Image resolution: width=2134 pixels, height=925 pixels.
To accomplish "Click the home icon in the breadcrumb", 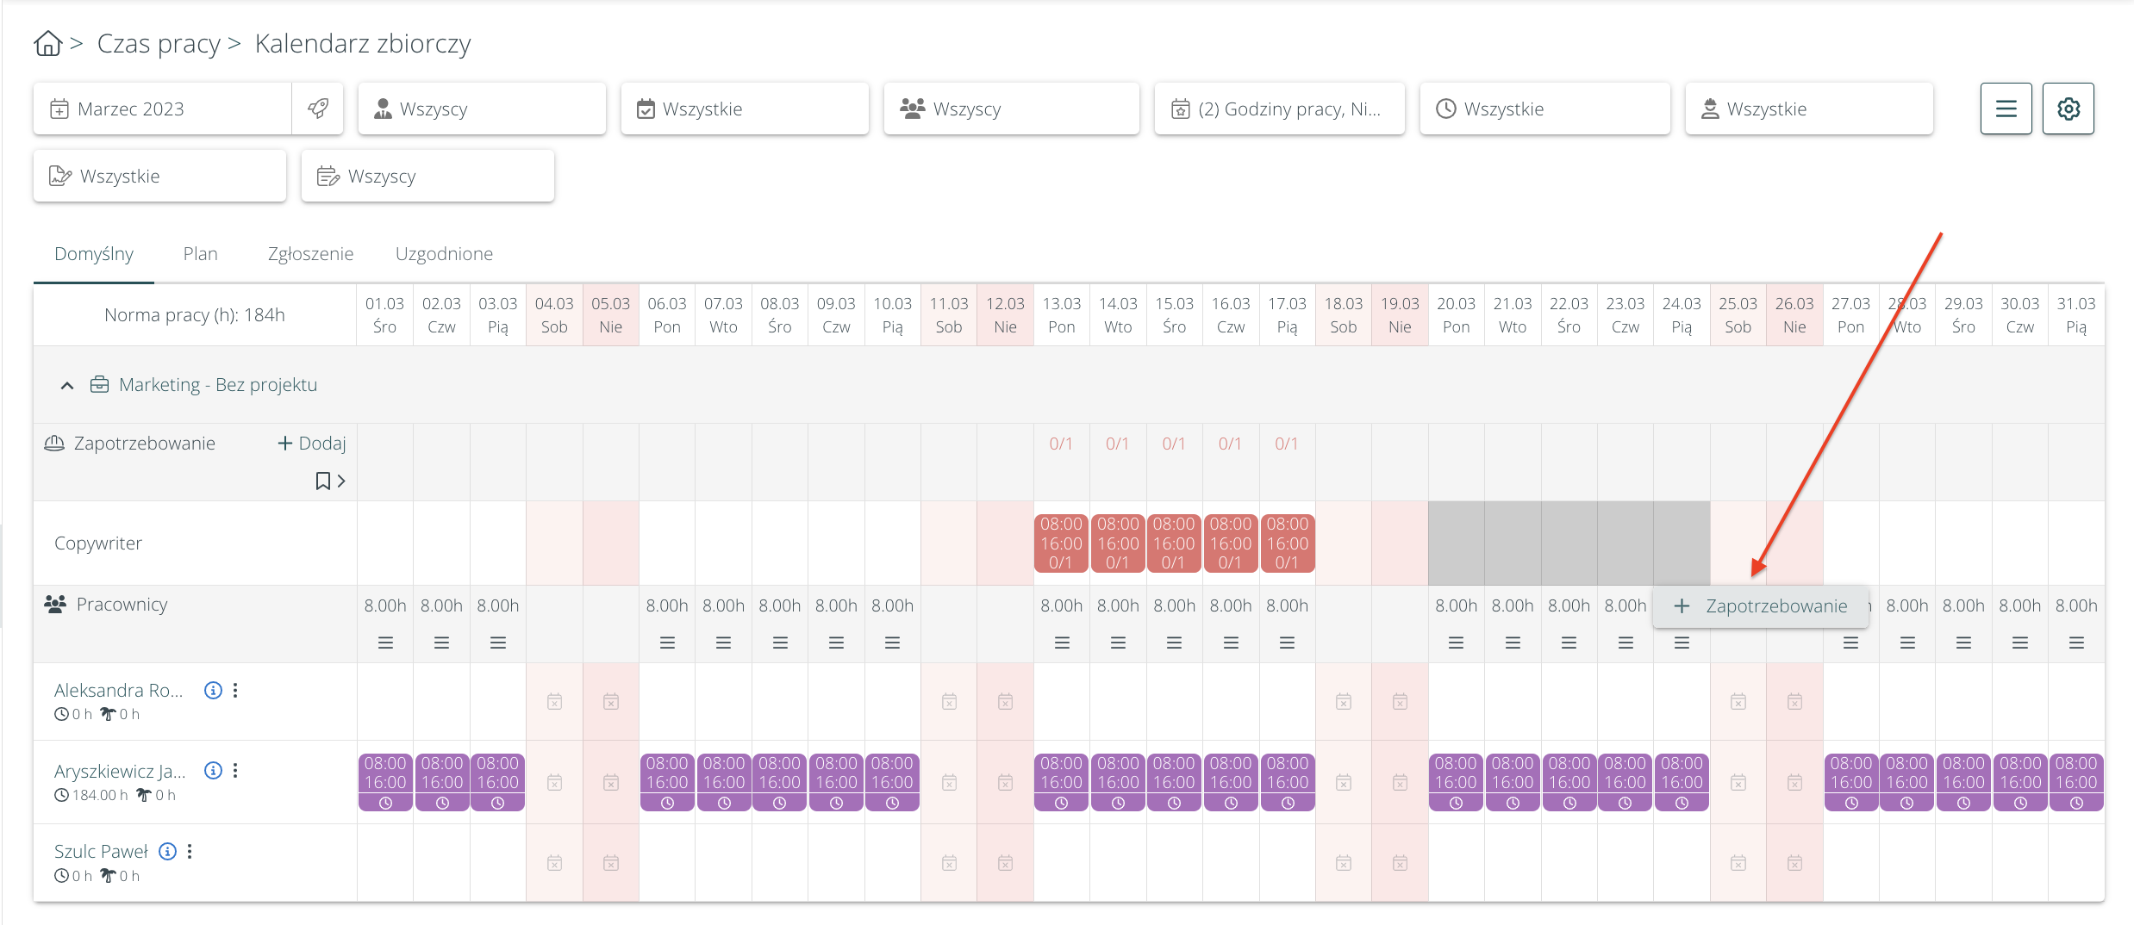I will point(48,43).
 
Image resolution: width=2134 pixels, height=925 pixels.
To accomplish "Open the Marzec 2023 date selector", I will point(162,109).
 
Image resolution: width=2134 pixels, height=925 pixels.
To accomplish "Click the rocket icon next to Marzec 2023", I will point(318,109).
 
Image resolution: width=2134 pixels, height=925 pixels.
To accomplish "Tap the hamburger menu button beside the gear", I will point(2006,109).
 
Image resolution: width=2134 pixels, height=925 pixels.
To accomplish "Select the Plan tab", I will point(200,254).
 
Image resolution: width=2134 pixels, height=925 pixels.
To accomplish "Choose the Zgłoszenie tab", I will point(310,254).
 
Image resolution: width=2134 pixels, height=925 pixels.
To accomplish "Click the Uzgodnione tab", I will point(444,254).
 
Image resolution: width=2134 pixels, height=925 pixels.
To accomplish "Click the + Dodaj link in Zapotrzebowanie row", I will point(312,444).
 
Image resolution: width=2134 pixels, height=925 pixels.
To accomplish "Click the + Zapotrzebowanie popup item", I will point(1761,606).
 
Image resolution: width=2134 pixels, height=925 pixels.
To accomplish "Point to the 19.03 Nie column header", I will point(1400,315).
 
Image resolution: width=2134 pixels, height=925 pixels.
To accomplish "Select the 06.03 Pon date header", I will point(667,315).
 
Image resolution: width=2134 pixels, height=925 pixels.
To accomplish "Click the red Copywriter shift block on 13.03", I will point(1061,543).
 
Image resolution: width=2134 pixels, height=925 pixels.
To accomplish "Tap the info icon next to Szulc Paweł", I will point(168,852).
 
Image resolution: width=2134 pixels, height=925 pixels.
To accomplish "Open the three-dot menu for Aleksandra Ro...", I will point(235,691).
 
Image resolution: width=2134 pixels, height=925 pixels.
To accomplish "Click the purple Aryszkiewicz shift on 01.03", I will point(385,782).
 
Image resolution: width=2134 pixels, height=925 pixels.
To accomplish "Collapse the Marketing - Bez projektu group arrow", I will point(67,386).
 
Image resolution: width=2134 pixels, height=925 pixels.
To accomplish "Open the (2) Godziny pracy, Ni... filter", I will point(1279,109).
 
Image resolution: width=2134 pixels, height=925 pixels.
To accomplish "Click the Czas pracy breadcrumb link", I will point(159,43).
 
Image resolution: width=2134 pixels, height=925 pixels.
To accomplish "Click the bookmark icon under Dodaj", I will point(323,481).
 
